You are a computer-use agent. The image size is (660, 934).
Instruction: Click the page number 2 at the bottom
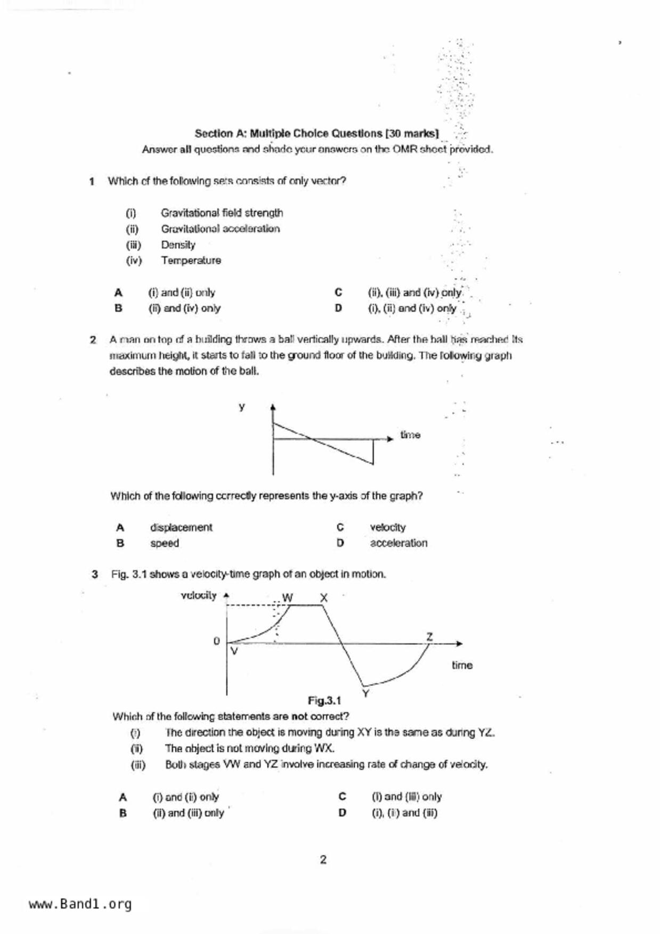click(x=323, y=859)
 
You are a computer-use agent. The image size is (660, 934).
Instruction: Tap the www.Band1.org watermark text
click(x=80, y=904)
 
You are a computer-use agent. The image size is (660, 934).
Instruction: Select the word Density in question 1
click(x=178, y=245)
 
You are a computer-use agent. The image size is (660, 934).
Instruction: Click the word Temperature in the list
click(x=191, y=261)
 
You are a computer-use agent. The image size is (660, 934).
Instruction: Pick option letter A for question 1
click(x=118, y=292)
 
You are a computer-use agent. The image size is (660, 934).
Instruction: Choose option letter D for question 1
click(x=338, y=308)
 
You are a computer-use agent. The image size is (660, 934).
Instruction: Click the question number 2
click(x=93, y=340)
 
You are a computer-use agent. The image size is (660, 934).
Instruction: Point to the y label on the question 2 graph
click(x=242, y=407)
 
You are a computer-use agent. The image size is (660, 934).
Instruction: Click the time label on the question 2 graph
click(x=410, y=435)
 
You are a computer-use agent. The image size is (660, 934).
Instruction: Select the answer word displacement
click(x=181, y=528)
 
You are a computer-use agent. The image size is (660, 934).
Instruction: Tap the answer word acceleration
click(x=398, y=543)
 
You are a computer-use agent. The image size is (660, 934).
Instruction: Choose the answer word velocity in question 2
click(x=388, y=528)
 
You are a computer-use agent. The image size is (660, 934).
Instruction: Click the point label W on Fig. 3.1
click(x=288, y=597)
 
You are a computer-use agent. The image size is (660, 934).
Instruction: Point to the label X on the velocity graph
click(x=323, y=598)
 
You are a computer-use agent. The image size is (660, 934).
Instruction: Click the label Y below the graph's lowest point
click(x=366, y=693)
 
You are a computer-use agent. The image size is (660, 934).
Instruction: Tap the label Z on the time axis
click(x=429, y=636)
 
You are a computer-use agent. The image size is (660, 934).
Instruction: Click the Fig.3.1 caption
click(x=324, y=700)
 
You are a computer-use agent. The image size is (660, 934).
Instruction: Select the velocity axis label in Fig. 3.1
click(x=199, y=595)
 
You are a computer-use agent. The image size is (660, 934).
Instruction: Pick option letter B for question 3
click(x=123, y=813)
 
